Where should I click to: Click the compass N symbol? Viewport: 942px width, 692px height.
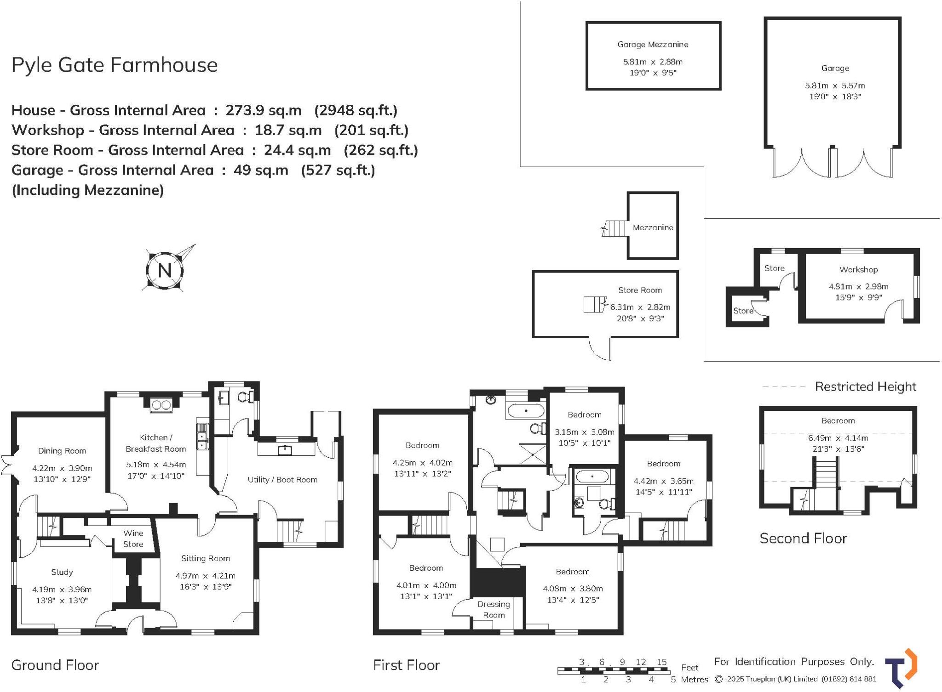[x=165, y=270]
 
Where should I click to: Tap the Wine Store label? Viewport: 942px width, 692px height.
[x=133, y=539]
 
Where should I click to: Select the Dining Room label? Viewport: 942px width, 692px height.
[x=62, y=451]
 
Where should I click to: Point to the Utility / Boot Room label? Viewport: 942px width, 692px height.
[x=282, y=480]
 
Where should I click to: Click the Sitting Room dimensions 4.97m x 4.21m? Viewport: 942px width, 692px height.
[x=205, y=576]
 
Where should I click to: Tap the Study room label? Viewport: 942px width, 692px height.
[x=62, y=572]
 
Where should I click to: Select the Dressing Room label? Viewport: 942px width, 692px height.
[x=494, y=609]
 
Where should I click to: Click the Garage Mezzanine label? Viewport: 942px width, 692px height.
[x=653, y=45]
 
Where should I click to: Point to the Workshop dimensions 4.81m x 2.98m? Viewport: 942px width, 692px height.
[x=859, y=286]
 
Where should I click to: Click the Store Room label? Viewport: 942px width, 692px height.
[x=640, y=290]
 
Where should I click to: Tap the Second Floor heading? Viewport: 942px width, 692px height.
[x=803, y=538]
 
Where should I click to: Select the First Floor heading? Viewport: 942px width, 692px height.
[x=406, y=665]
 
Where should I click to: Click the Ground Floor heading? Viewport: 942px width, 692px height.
[x=55, y=665]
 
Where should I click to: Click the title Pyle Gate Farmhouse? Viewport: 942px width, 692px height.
[x=115, y=65]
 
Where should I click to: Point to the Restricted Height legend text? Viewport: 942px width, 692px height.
[x=866, y=386]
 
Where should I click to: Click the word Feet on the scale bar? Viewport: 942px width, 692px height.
[x=690, y=667]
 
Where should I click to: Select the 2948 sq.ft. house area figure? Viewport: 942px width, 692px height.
[x=356, y=110]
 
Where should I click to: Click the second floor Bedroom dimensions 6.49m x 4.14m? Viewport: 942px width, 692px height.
[x=838, y=438]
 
